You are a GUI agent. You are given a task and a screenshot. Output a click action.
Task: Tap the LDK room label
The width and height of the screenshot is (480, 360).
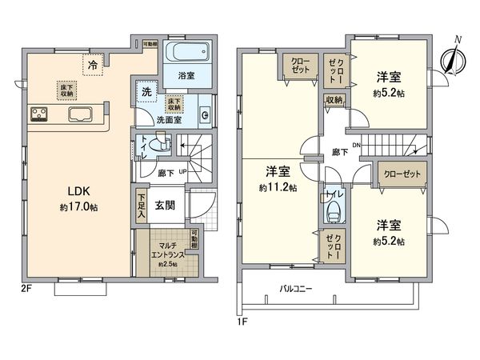tap(66, 191)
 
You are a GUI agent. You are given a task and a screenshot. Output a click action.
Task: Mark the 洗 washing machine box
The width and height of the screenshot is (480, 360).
tap(146, 92)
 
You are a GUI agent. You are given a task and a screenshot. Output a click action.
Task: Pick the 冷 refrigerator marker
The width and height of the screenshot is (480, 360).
tap(94, 63)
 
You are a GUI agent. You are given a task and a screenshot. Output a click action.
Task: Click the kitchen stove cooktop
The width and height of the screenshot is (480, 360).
tap(39, 114)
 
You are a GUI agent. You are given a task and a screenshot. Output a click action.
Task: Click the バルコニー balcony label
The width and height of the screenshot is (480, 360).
tap(295, 288)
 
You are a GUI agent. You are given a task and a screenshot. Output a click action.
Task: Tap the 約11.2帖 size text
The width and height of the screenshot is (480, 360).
tap(278, 188)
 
